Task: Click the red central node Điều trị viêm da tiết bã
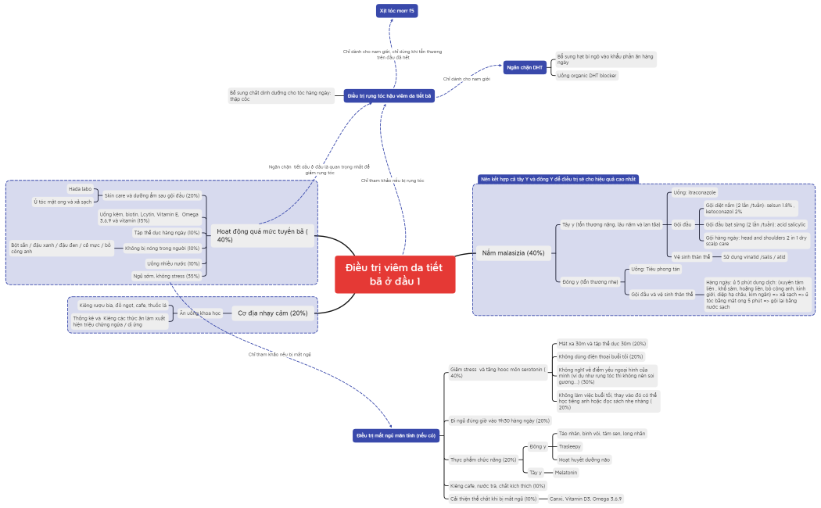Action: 395,274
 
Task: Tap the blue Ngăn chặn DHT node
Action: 525,68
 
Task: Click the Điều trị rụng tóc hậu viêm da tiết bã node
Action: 389,95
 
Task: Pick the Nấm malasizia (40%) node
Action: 513,252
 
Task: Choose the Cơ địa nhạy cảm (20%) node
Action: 272,313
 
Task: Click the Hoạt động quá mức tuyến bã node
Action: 262,235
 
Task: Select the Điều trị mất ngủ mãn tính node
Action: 396,435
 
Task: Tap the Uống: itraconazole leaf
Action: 694,192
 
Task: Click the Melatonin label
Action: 566,472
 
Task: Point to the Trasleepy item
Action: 570,446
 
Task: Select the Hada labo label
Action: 80,188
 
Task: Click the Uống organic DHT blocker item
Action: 586,76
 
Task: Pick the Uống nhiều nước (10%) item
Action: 173,263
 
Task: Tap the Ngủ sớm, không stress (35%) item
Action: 166,276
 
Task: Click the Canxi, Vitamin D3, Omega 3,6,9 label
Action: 585,498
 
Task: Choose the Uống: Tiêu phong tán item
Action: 655,268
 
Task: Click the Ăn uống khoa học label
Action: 199,313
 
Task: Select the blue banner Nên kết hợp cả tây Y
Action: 557,179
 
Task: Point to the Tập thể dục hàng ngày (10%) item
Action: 167,232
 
